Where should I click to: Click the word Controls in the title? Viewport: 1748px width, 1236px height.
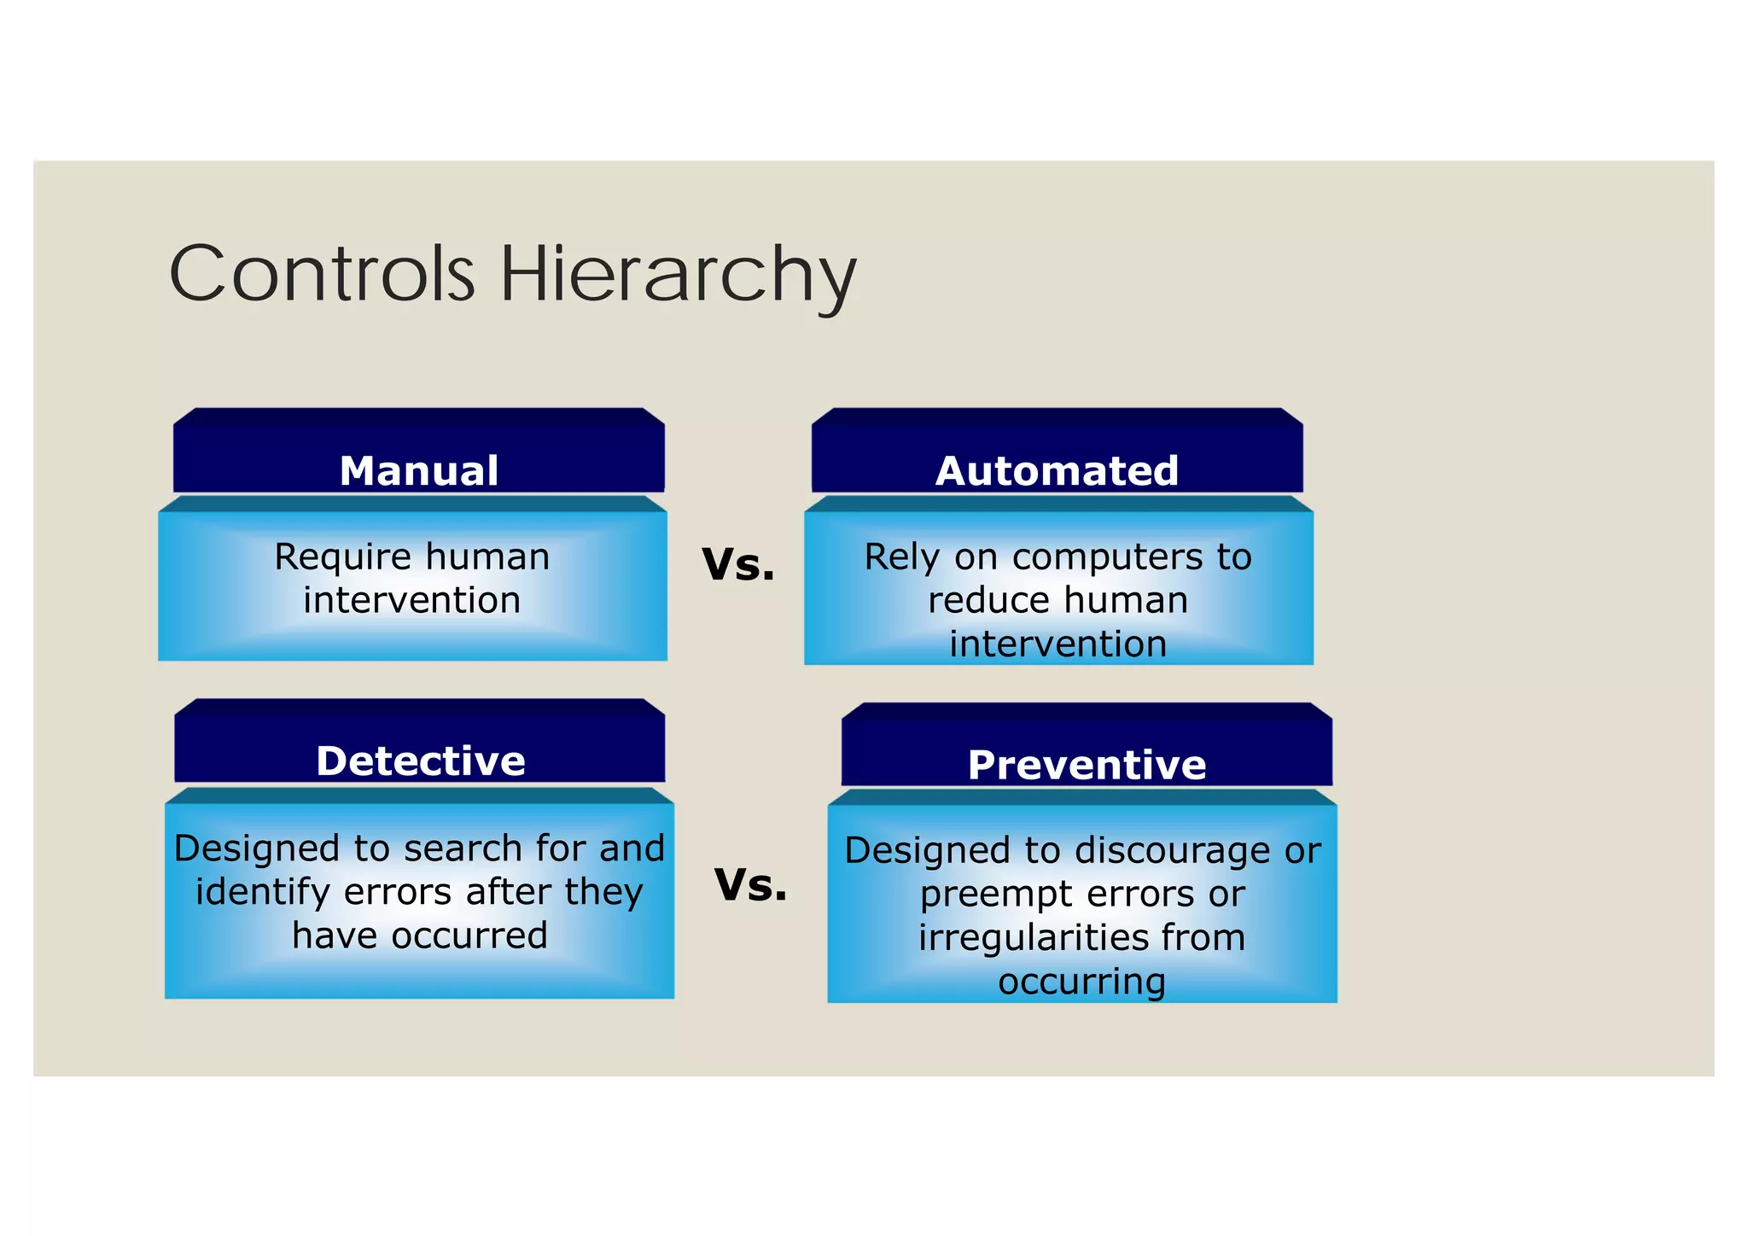click(322, 274)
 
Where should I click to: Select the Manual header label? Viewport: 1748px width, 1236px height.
click(418, 471)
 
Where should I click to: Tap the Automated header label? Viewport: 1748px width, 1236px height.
click(1057, 471)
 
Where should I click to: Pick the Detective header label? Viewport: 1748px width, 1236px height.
click(420, 761)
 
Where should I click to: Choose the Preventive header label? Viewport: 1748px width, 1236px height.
click(1087, 765)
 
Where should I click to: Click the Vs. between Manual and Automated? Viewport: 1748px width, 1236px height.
click(738, 565)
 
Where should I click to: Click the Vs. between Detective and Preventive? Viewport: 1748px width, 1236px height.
click(750, 885)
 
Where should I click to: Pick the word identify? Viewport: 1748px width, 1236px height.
click(263, 893)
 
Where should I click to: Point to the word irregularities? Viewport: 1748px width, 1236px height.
click(1033, 938)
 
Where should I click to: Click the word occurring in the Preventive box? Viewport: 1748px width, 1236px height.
click(1081, 982)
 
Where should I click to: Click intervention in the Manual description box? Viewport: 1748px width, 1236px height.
click(411, 601)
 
